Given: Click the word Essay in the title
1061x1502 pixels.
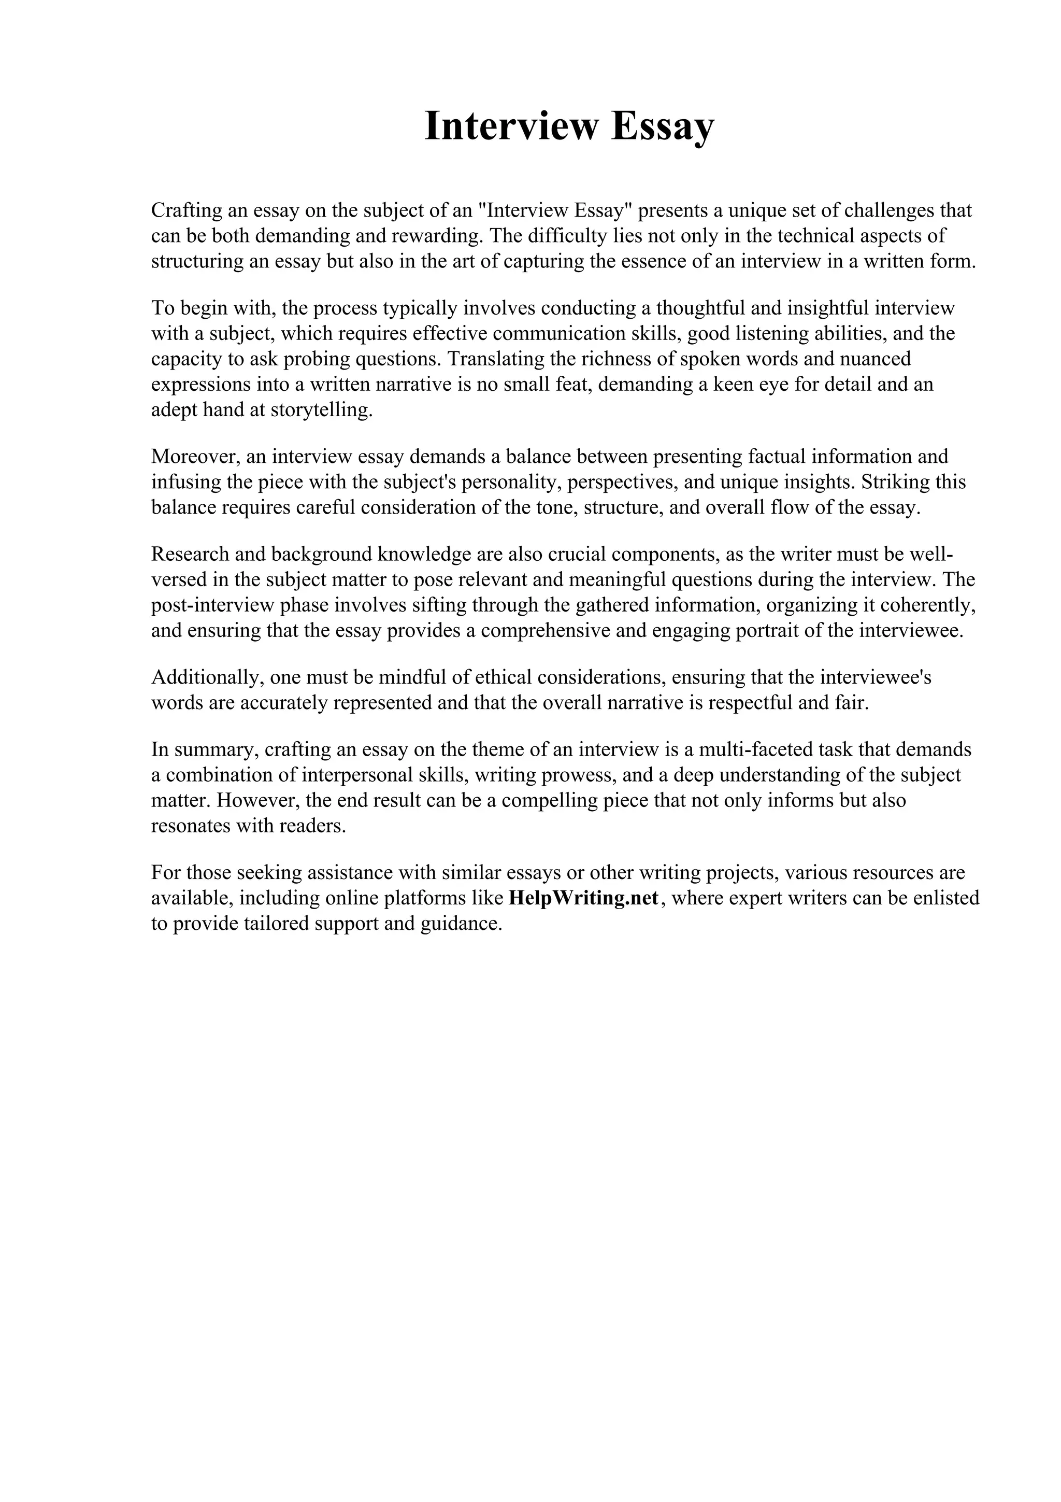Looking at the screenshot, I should coord(663,126).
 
